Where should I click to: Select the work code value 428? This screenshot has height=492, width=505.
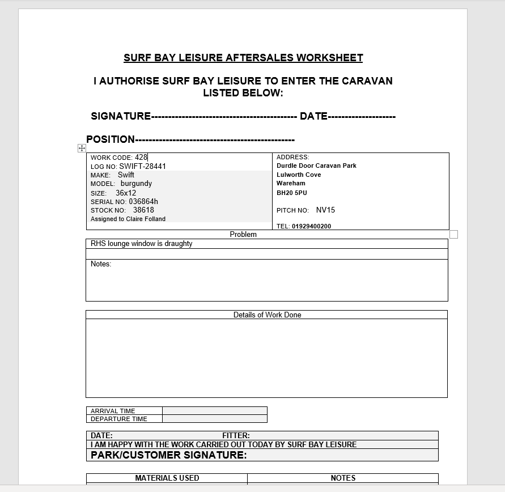click(141, 158)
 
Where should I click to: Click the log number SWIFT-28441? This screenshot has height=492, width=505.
click(143, 167)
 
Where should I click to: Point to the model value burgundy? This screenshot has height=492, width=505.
click(136, 184)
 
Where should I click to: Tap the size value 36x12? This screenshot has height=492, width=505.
click(126, 193)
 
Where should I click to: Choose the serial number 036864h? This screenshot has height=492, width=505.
click(143, 202)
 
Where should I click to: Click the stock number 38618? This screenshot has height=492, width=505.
click(143, 210)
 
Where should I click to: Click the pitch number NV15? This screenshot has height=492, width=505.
click(325, 210)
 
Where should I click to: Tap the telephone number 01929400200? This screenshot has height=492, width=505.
click(312, 226)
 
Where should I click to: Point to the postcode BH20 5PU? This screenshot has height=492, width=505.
click(292, 193)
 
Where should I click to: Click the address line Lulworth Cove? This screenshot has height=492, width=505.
click(299, 175)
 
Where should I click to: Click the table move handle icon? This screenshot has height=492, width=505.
click(82, 148)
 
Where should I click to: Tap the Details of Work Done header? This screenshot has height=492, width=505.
click(267, 315)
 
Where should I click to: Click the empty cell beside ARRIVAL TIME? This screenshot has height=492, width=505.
click(214, 411)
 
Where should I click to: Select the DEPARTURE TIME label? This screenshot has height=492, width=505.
click(119, 419)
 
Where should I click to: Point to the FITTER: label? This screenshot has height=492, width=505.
click(236, 435)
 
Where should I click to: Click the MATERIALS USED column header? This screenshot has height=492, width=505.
click(167, 478)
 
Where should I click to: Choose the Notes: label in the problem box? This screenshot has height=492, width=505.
click(101, 264)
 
